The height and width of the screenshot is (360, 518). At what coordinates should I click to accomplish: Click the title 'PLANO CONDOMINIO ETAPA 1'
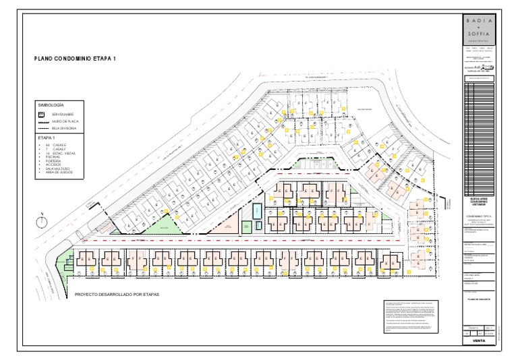pos(75,59)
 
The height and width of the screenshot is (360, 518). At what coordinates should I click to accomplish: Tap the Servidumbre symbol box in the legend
pos(42,115)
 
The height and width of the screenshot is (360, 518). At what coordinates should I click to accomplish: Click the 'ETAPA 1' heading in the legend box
pos(47,138)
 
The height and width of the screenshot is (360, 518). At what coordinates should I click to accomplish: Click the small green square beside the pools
pos(247,227)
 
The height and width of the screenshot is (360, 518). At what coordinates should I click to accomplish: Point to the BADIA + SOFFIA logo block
pos(479,30)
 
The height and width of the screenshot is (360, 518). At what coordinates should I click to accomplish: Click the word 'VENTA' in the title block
pos(479,341)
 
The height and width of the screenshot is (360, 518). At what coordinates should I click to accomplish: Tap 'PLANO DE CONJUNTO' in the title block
pos(479,298)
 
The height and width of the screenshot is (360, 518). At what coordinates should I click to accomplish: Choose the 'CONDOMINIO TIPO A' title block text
pos(479,216)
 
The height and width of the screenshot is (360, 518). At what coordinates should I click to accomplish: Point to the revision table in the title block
pos(479,135)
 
